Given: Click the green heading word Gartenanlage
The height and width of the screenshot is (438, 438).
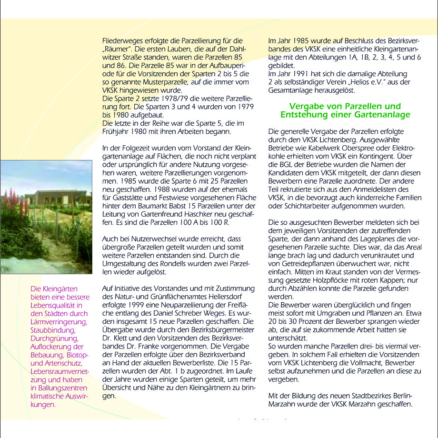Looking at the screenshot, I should point(379,115).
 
